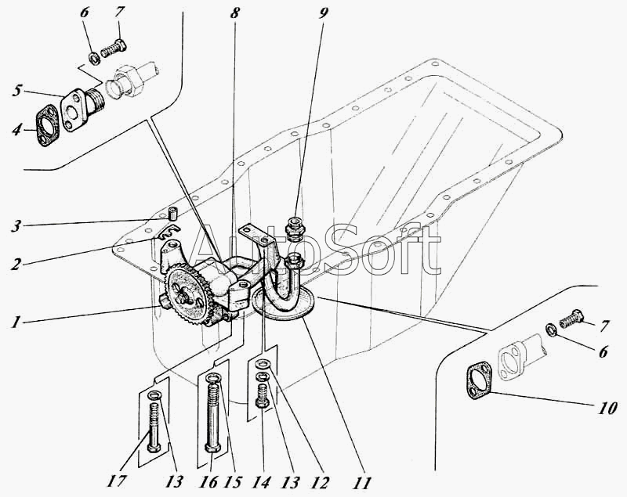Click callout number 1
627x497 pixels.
(x=15, y=322)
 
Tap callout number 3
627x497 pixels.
(x=15, y=227)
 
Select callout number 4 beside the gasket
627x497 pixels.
(x=16, y=130)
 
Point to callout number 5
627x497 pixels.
(x=16, y=91)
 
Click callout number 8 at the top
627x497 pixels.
(x=234, y=13)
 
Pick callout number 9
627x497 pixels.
(x=323, y=13)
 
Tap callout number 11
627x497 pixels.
(x=363, y=483)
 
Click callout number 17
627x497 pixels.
(x=117, y=481)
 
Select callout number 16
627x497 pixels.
(x=208, y=482)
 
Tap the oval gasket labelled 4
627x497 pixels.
(x=48, y=125)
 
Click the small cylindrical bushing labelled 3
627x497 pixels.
(x=172, y=214)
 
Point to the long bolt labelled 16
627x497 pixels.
(x=212, y=414)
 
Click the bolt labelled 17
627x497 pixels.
(x=154, y=427)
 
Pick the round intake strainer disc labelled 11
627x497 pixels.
(x=285, y=303)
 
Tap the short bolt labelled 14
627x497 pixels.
(x=263, y=395)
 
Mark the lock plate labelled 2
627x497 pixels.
(x=169, y=232)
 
